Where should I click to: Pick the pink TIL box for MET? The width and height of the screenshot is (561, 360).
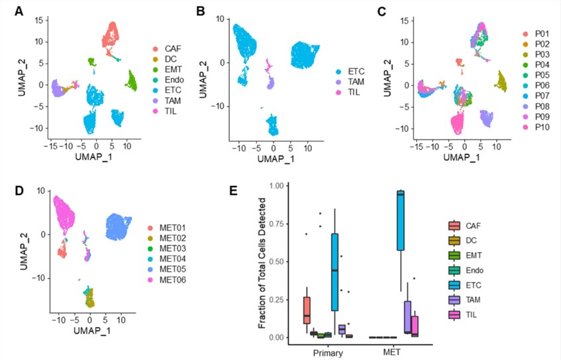[x=415, y=326]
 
